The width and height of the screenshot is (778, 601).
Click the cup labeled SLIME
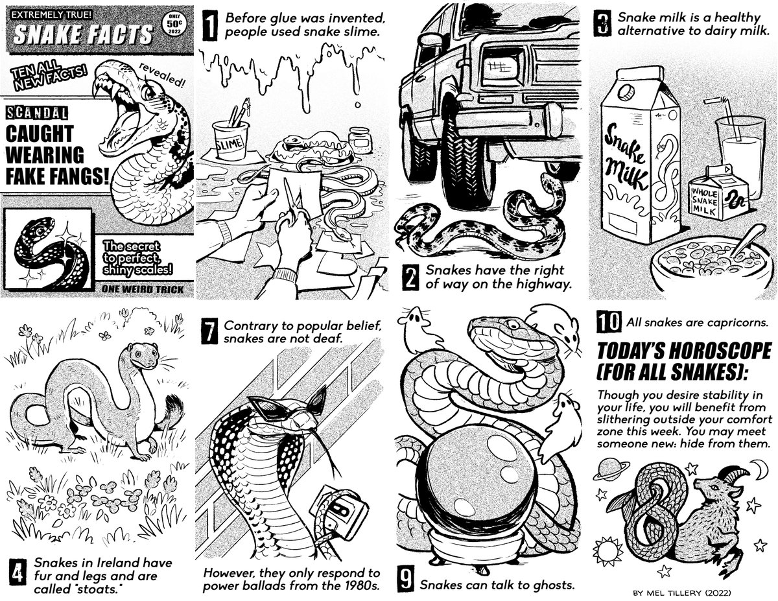231,139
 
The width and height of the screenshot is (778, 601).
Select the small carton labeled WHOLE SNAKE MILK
717,193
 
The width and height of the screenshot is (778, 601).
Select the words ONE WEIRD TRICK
138,289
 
